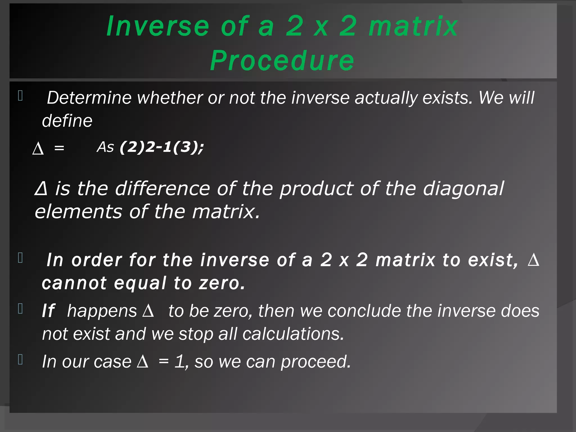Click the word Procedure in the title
282,60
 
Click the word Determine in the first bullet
89,98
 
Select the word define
67,121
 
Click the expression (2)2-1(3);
162,147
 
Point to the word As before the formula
105,147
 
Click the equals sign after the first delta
59,148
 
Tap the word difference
162,188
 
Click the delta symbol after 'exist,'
533,260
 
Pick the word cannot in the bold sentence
74,283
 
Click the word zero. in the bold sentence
222,283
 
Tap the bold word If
48,311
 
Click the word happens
102,311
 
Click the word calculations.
293,334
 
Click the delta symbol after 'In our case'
143,362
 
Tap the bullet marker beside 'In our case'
20,359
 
